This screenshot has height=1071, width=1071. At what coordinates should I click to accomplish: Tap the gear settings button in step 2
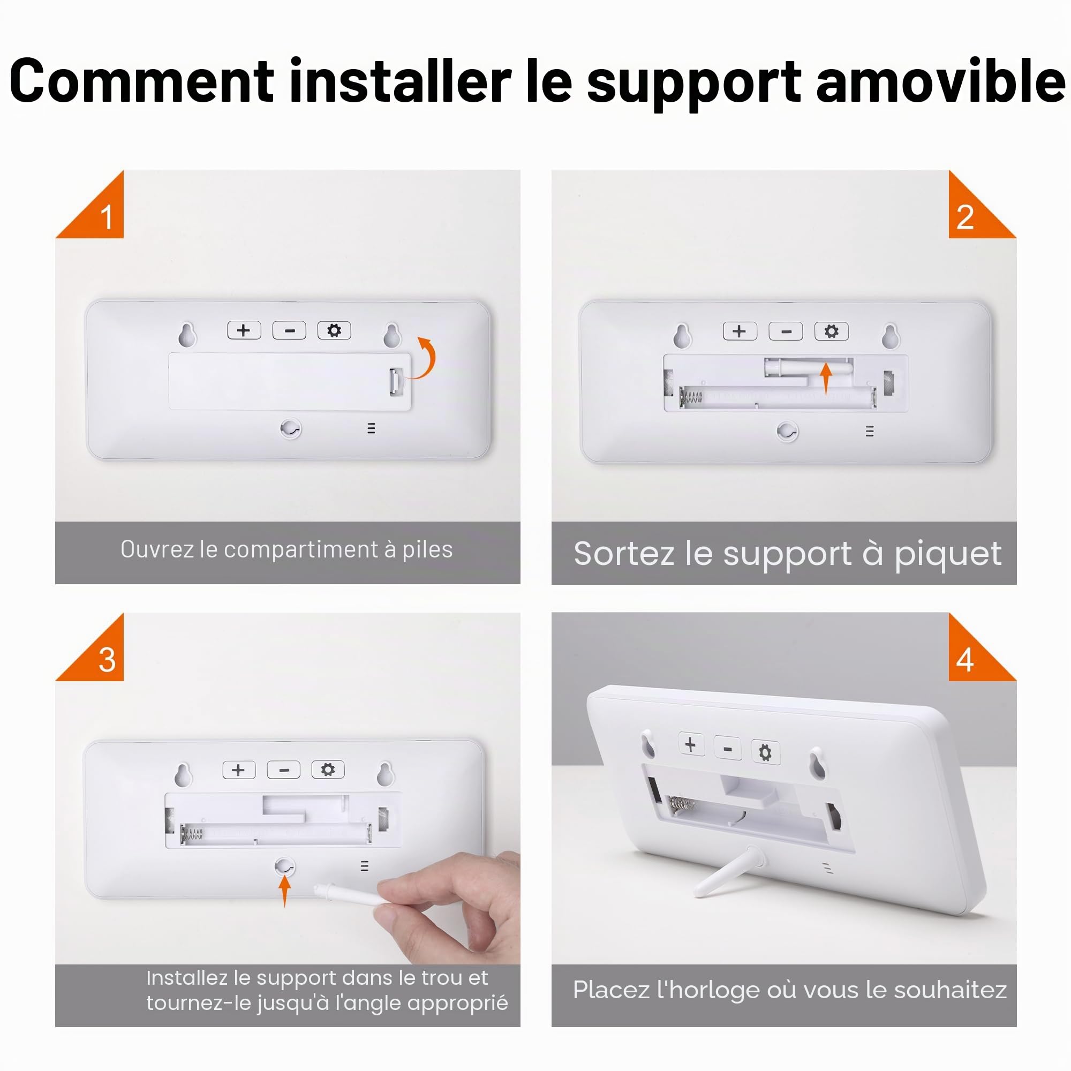pyautogui.click(x=831, y=331)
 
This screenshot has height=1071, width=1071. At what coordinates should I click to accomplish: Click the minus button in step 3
pyautogui.click(x=284, y=770)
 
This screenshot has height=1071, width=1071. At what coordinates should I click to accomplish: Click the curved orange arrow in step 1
pyautogui.click(x=426, y=358)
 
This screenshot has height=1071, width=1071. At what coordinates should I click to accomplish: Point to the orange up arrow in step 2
pyautogui.click(x=826, y=379)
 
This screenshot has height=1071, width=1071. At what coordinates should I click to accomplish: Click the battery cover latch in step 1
pyautogui.click(x=395, y=381)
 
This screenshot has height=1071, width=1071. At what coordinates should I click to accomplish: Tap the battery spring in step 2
pyautogui.click(x=691, y=397)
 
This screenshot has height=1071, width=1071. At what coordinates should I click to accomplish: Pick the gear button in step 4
pyautogui.click(x=765, y=752)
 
